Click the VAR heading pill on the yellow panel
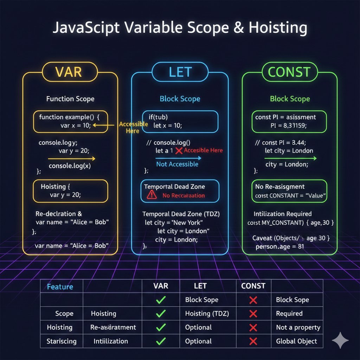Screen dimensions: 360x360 pos(69,72)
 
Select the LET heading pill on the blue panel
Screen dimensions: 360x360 pos(180,72)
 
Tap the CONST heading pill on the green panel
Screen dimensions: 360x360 pos(289,72)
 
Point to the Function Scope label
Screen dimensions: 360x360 pos(70,99)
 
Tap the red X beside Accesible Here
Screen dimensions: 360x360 pos(179,150)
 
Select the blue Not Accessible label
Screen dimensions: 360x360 pos(177,164)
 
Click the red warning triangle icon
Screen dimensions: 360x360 pos(152,195)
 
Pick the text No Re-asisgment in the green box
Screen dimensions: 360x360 pos(280,187)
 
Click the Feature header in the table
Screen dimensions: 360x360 pos(60,287)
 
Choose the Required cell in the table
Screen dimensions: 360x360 pos(289,313)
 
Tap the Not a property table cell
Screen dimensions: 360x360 pos(298,327)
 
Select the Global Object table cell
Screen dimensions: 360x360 pos(296,341)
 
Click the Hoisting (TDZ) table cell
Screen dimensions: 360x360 pos(207,313)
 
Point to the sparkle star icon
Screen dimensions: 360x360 pos(340,340)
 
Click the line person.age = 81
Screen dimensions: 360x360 pos(279,246)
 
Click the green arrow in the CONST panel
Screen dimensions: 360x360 pos(290,158)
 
